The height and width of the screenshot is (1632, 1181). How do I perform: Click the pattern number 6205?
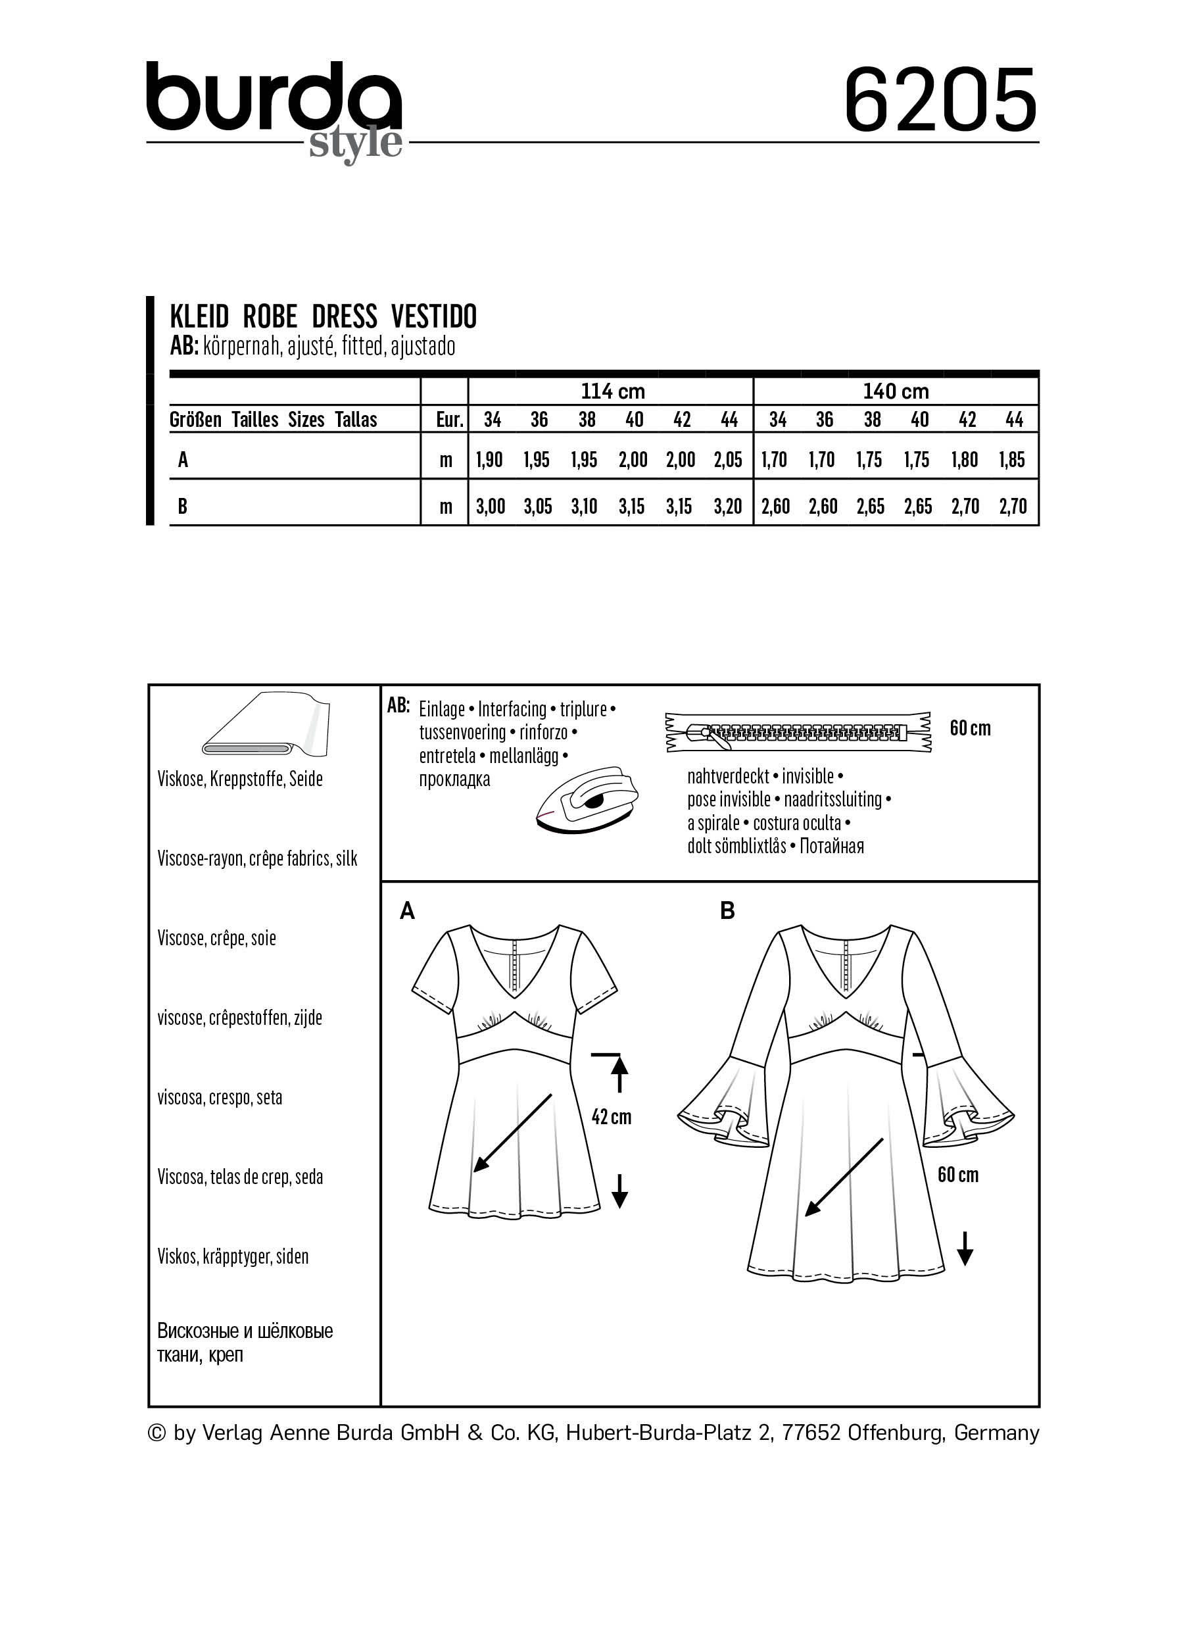click(940, 101)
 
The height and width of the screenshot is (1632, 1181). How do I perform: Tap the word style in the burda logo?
click(355, 143)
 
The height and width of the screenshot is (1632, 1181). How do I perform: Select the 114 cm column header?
click(612, 391)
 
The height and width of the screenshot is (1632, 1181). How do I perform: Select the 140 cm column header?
click(896, 391)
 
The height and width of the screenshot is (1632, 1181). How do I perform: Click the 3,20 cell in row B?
click(728, 507)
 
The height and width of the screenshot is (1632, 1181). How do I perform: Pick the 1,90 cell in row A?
click(489, 460)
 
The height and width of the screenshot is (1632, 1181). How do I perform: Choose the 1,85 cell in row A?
click(1011, 460)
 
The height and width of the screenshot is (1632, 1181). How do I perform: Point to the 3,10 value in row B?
click(584, 507)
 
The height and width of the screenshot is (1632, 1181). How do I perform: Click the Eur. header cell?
click(450, 420)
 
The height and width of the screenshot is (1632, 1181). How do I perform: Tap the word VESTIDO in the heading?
click(434, 316)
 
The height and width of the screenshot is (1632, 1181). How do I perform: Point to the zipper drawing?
click(798, 733)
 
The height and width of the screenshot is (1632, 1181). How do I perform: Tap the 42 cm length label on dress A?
click(611, 1116)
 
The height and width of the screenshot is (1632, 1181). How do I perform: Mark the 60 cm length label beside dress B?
click(957, 1174)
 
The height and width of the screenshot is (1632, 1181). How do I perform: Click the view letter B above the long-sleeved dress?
click(727, 911)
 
